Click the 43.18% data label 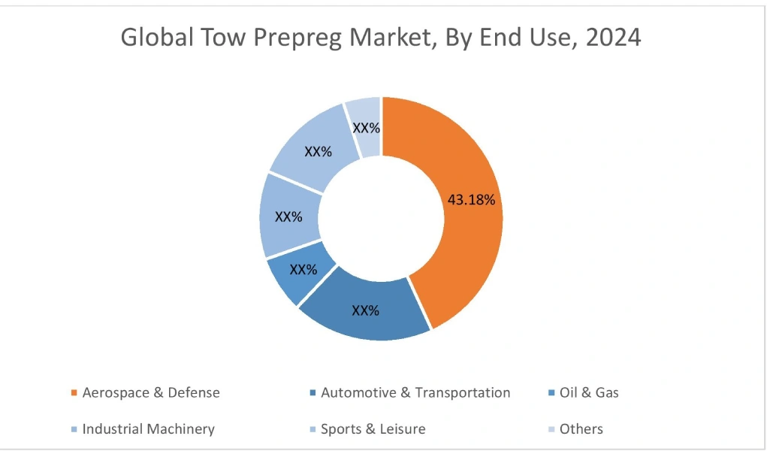(x=471, y=200)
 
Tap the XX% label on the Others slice (x=367, y=129)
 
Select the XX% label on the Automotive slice (x=366, y=310)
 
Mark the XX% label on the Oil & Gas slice (x=303, y=269)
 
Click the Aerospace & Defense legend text (x=151, y=392)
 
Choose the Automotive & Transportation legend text (x=415, y=392)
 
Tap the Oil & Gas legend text (x=590, y=392)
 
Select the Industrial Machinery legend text (x=148, y=429)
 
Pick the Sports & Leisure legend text (x=373, y=429)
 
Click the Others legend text (x=581, y=429)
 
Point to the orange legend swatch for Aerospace (x=73, y=393)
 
